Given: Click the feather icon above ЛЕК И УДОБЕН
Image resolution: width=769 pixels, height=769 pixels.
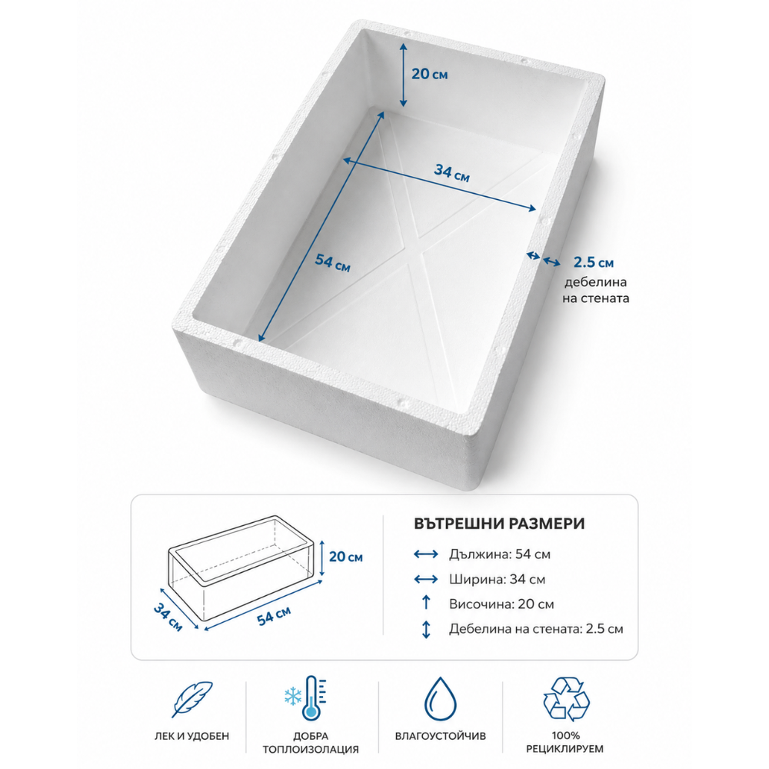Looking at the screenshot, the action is tap(193, 698).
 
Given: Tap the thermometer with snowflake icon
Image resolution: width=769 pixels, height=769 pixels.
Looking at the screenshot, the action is tap(306, 698).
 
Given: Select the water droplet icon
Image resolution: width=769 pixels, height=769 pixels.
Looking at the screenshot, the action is tap(440, 699).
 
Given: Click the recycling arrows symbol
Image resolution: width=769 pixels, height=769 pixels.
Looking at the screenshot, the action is tap(566, 699).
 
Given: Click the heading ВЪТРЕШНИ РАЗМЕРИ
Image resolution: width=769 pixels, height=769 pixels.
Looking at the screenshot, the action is tap(499, 524).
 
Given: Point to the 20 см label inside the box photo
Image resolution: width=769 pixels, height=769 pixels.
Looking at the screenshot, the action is tap(429, 74).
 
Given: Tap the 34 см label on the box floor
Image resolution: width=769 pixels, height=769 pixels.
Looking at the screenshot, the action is tap(451, 172).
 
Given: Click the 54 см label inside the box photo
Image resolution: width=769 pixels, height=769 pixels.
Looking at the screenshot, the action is tap(332, 262).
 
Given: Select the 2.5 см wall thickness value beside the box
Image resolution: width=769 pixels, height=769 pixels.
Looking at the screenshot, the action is tap(594, 262).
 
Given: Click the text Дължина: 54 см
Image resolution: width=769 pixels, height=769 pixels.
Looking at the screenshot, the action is tap(499, 554).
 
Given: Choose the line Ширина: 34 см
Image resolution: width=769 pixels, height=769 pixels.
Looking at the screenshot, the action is tap(497, 579).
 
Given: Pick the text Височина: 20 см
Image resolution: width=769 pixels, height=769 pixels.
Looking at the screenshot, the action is tap(501, 604).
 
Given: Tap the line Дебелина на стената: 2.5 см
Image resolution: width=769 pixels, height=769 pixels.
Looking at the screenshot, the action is tap(536, 629).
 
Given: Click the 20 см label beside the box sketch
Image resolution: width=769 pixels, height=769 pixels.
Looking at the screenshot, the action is tap(346, 557).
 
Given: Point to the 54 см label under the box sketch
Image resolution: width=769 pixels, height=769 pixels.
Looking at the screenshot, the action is tap(274, 615).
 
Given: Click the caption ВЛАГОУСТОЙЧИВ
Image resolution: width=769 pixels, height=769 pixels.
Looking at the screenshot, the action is tap(441, 736).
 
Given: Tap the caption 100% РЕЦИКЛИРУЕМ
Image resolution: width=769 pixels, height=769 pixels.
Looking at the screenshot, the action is tap(565, 743).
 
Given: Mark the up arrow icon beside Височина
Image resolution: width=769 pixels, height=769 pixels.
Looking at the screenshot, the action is tap(426, 603).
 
